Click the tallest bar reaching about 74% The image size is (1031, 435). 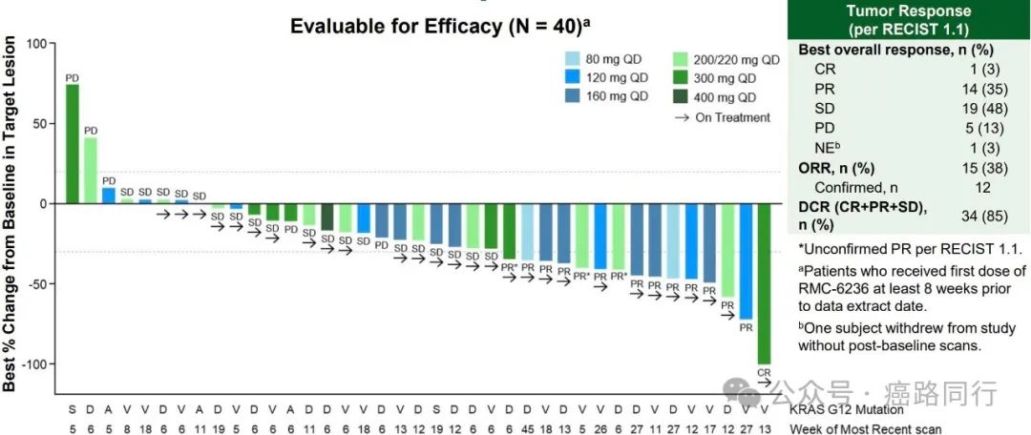tap(73, 143)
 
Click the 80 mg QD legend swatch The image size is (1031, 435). tap(573, 57)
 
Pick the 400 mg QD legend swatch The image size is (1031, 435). tap(680, 96)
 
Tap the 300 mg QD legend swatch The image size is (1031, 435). tap(680, 77)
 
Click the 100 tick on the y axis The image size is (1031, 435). tap(37, 43)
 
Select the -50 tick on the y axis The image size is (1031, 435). tap(35, 284)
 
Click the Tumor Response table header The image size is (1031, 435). tap(909, 19)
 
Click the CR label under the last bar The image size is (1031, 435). tap(764, 372)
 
